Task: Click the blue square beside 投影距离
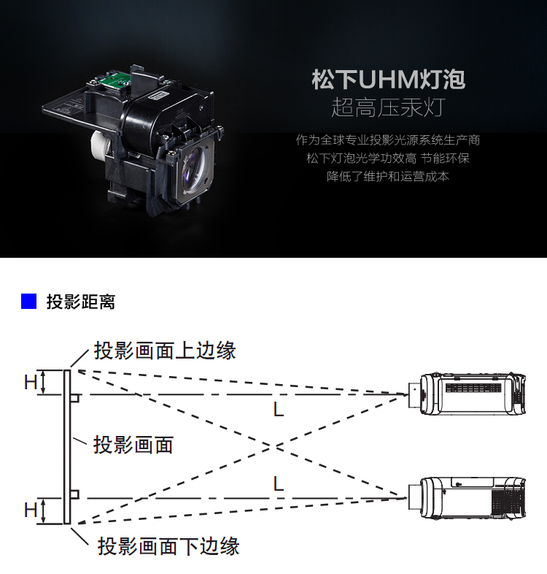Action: (x=28, y=302)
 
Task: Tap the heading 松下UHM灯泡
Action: (x=388, y=80)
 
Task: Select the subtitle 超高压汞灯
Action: (x=388, y=107)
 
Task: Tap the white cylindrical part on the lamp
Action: (x=101, y=148)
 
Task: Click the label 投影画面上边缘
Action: (x=165, y=351)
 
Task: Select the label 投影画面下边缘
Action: (x=168, y=546)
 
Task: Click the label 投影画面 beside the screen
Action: (x=133, y=445)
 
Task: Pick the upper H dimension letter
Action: (x=31, y=383)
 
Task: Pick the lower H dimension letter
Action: (x=31, y=510)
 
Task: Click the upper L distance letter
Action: (x=279, y=409)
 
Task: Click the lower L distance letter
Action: (x=279, y=483)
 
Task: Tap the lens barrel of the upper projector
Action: (x=414, y=394)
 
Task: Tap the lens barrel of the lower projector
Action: (x=414, y=497)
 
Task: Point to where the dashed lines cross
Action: (x=272, y=447)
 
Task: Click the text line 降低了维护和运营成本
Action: (x=388, y=177)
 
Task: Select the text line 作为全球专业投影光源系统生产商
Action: (x=388, y=139)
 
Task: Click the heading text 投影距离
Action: (x=81, y=302)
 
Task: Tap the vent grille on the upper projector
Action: (x=473, y=388)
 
